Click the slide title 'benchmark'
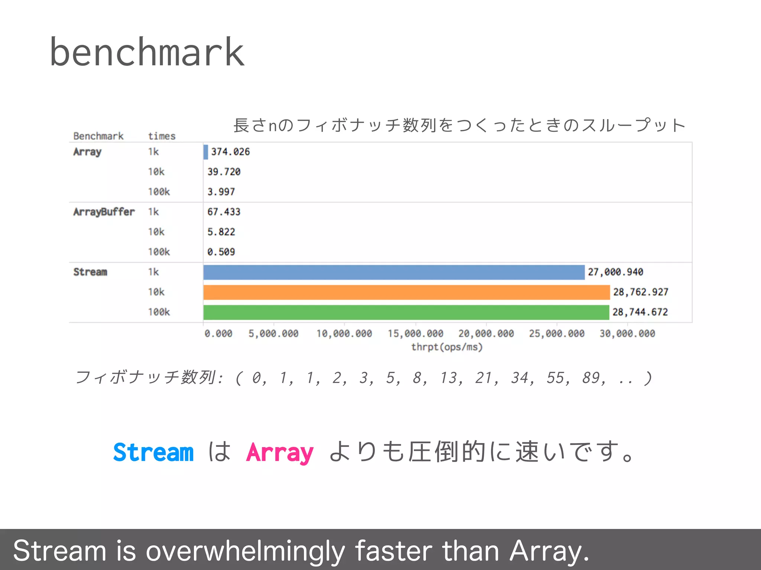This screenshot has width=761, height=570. (x=147, y=53)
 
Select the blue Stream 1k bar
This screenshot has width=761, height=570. (x=394, y=272)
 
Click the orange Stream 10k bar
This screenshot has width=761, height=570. (x=407, y=292)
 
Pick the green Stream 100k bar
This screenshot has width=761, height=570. (x=406, y=312)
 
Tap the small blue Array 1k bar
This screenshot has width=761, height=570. (x=206, y=152)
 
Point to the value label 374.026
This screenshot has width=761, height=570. (x=230, y=152)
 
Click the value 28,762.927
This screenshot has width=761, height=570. (x=641, y=292)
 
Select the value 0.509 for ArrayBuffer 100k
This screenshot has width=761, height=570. (x=221, y=252)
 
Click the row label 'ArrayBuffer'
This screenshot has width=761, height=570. (x=104, y=212)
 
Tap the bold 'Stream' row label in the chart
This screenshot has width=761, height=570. (x=90, y=272)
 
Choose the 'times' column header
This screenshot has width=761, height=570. (x=162, y=136)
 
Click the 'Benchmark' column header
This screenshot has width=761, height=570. (x=98, y=136)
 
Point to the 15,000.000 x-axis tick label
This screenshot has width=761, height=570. (x=415, y=334)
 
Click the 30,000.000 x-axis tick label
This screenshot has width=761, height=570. (x=627, y=334)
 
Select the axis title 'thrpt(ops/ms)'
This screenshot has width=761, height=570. (x=447, y=347)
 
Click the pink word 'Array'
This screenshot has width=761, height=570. (x=280, y=453)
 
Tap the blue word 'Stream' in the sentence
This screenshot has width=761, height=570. (x=153, y=453)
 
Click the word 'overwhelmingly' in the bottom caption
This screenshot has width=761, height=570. (x=245, y=551)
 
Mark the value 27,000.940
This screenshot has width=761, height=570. (x=615, y=272)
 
